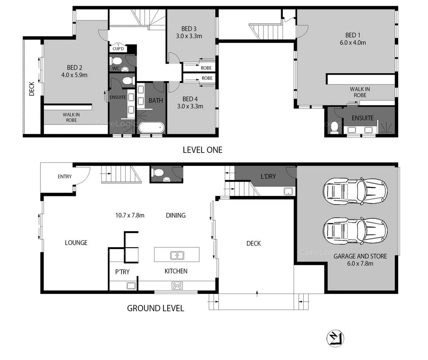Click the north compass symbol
tap(335, 339)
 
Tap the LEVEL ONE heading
tap(202, 150)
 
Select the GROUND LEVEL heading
tap(155, 308)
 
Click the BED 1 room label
tap(353, 35)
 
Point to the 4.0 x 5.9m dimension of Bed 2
tap(74, 75)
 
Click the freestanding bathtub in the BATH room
tap(151, 127)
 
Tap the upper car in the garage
tap(355, 191)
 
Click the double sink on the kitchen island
tap(177, 255)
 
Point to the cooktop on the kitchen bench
tap(177, 286)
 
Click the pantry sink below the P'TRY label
tap(131, 286)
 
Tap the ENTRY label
tap(64, 177)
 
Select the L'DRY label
tap(268, 176)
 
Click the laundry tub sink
tap(288, 191)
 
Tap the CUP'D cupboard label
tap(118, 49)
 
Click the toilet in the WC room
tap(116, 61)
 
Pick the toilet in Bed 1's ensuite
tap(334, 127)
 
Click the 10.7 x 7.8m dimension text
tap(130, 215)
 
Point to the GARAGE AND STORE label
tap(360, 256)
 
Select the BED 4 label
tap(190, 99)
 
